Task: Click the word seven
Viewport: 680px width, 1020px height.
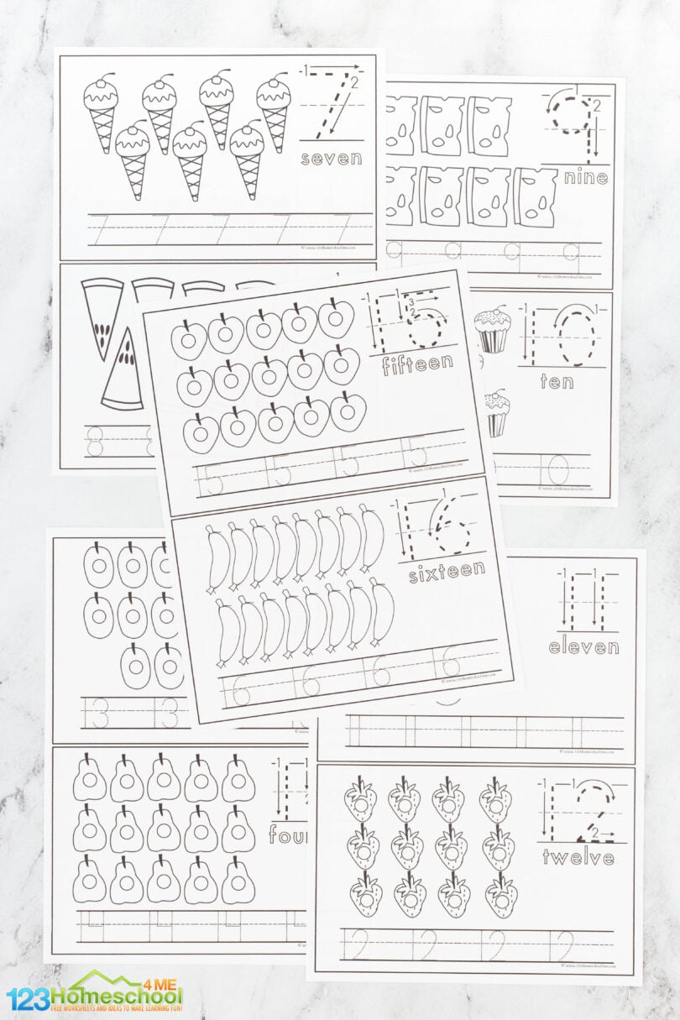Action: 330,158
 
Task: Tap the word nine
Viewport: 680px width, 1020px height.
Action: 586,177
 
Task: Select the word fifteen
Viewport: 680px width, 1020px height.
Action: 417,364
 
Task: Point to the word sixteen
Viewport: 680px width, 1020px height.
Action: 447,572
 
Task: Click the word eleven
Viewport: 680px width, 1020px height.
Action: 583,647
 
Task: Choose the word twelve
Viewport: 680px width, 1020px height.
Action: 578,858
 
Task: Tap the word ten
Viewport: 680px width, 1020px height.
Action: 557,381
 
